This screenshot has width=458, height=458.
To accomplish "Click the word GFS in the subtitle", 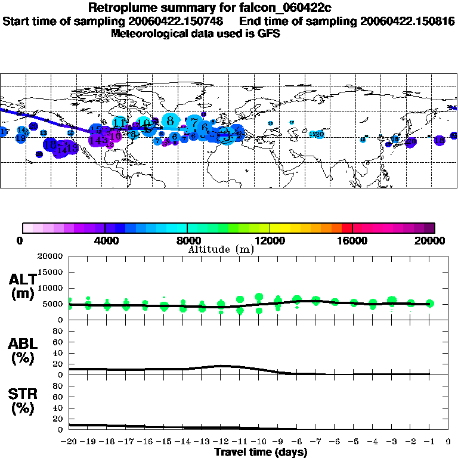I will point(268,33).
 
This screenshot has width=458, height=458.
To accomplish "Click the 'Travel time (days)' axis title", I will point(261,452).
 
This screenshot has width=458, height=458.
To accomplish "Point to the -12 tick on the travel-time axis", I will point(221,442).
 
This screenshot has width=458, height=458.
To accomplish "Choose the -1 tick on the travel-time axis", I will point(429,442).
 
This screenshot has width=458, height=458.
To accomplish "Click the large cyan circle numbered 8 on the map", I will point(171,121).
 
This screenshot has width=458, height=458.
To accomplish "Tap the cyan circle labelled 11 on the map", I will point(120,122).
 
